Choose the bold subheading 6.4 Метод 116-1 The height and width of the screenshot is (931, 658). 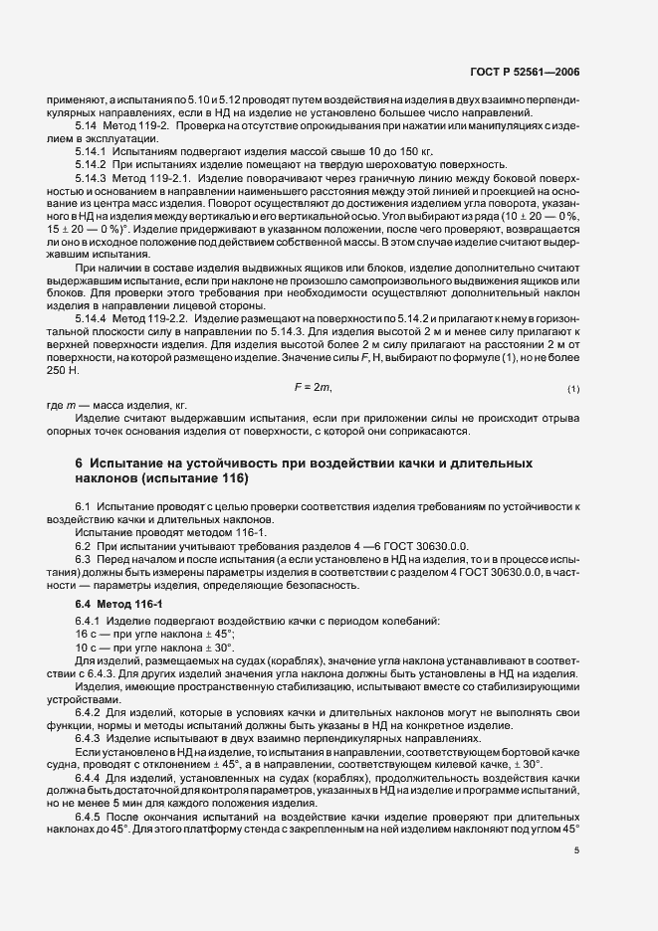(x=112, y=604)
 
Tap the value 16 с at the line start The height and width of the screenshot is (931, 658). (x=86, y=634)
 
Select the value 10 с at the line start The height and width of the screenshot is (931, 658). (x=86, y=647)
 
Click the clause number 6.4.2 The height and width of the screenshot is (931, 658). (x=91, y=711)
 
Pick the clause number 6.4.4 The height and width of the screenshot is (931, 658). (x=91, y=776)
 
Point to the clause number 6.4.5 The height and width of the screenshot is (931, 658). (x=91, y=816)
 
